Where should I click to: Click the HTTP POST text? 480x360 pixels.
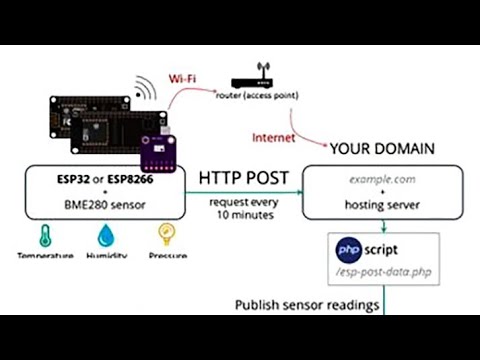click(x=244, y=178)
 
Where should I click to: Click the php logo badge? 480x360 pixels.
click(x=348, y=246)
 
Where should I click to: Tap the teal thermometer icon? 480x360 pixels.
click(x=43, y=236)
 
